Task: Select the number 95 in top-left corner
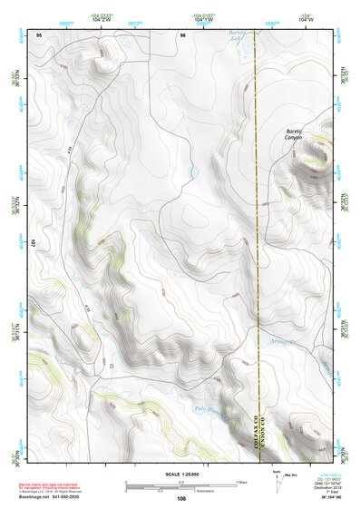tap(38, 34)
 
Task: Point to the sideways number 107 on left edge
tap(30, 243)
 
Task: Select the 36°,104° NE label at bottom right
tap(318, 498)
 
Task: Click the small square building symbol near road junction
tap(112, 366)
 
